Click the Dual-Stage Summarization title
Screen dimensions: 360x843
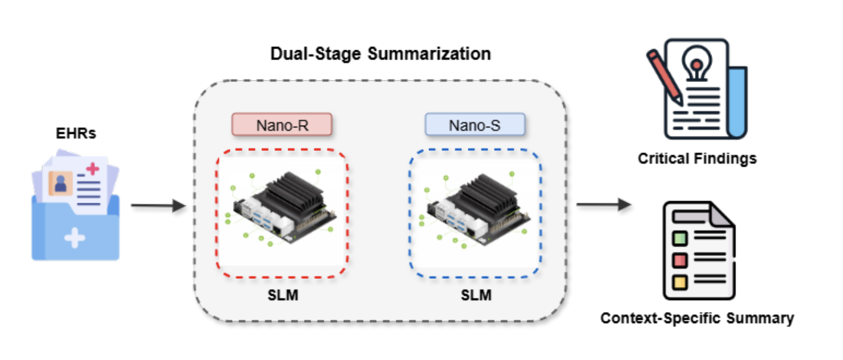tap(380, 54)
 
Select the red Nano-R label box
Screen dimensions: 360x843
tap(282, 125)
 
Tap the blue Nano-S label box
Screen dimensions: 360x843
tap(474, 125)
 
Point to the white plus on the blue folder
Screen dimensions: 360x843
tap(74, 238)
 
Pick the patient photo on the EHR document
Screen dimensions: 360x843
tap(60, 184)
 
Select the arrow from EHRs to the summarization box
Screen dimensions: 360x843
tap(157, 206)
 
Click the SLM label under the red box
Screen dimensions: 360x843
tap(282, 295)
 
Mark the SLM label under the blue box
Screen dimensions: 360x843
tap(475, 295)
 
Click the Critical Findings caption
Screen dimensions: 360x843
tap(697, 158)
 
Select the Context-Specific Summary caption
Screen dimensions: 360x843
tap(697, 319)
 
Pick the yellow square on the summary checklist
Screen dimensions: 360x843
tap(680, 281)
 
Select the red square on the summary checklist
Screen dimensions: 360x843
tap(680, 259)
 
